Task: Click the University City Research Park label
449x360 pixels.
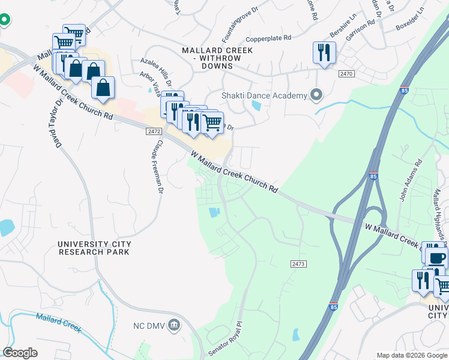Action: (x=94, y=248)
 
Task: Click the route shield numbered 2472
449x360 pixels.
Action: (x=154, y=131)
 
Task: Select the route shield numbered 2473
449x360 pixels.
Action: (x=298, y=263)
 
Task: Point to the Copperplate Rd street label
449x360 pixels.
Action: (x=268, y=37)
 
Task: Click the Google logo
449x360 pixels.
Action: (x=20, y=353)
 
